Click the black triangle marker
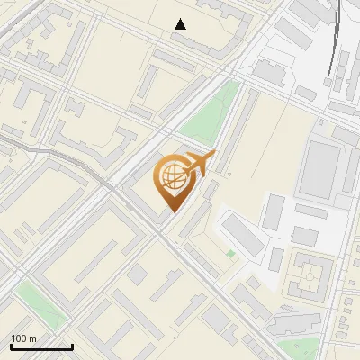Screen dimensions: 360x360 [x=181, y=24]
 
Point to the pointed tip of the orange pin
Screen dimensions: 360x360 [x=170, y=212]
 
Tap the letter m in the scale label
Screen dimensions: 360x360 [x=33, y=337]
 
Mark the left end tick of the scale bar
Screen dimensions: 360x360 [x=11, y=346]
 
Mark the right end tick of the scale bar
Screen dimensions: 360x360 [x=72, y=346]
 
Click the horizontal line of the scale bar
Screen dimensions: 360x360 [x=41, y=347]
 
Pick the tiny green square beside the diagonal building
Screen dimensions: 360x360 [x=230, y=254]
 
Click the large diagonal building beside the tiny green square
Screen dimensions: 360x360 [x=242, y=234]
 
